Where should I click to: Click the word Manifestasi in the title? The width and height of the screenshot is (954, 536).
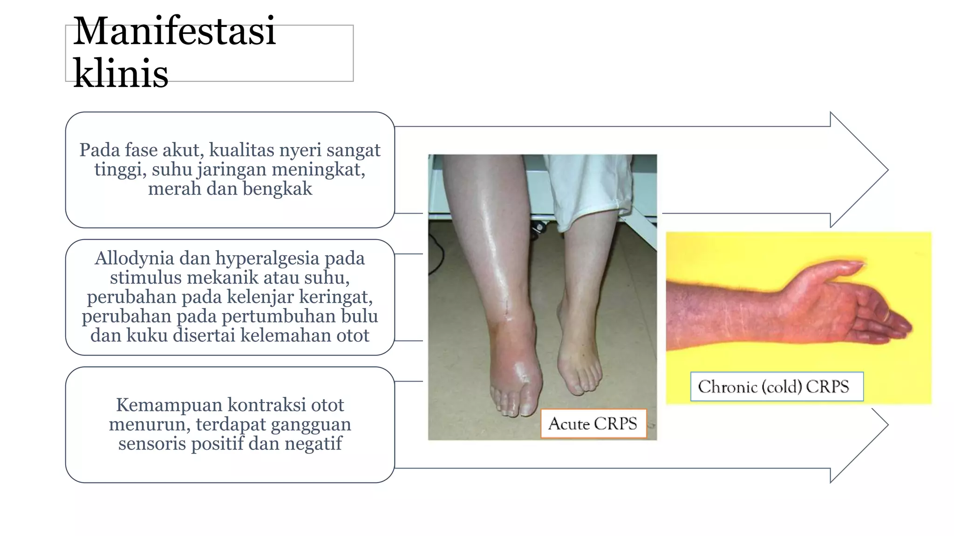click(x=174, y=31)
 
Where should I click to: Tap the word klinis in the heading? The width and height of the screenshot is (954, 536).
click(x=121, y=73)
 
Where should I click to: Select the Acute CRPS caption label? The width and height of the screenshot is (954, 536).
click(x=593, y=423)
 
